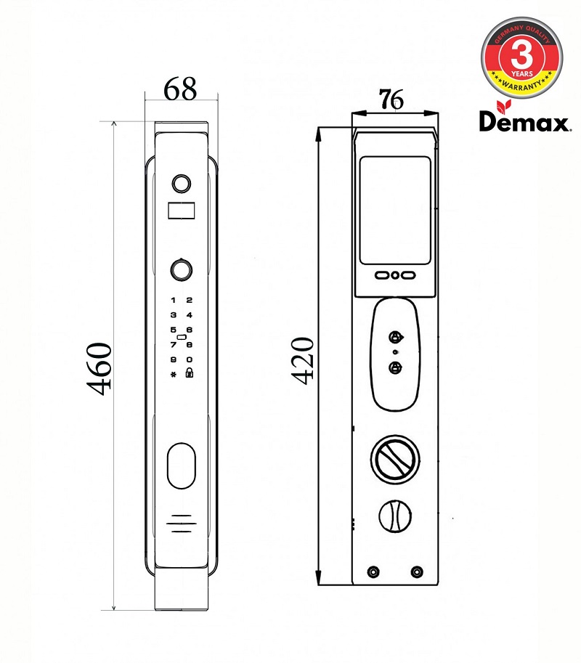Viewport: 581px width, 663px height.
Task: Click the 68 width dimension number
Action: coord(180,89)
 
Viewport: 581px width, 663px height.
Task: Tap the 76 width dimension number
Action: coord(391,99)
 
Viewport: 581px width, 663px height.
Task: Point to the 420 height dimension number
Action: coord(302,359)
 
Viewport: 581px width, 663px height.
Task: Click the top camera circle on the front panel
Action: coord(181,182)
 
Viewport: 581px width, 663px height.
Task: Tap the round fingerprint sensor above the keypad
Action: coord(181,269)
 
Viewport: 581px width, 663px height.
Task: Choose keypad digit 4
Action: coord(189,315)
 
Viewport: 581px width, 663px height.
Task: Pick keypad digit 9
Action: coord(173,359)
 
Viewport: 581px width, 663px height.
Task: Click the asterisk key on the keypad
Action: coord(173,375)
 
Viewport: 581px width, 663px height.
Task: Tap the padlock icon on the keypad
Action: coord(189,374)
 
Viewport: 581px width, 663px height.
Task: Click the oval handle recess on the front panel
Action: coord(181,467)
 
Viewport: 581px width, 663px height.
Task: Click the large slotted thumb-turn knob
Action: coord(394,458)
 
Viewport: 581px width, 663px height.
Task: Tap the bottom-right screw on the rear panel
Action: coord(416,572)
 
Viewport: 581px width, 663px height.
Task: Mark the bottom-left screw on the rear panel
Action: coord(373,572)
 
